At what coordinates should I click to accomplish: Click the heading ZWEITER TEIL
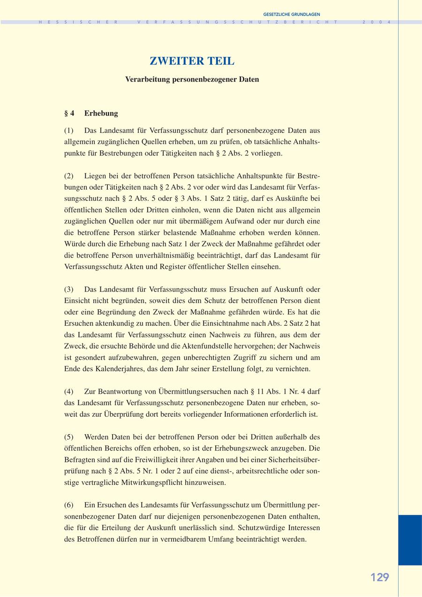[192, 61]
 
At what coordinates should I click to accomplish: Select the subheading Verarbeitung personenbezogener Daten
[192, 79]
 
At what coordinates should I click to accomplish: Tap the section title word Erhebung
[101, 113]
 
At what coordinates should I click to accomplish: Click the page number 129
[380, 577]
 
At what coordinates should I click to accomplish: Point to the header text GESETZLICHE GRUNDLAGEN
[292, 15]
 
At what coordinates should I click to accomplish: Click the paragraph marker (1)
[69, 130]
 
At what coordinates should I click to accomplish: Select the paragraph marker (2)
[69, 176]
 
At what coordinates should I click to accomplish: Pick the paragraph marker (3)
[69, 289]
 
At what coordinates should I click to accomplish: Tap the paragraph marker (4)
[69, 391]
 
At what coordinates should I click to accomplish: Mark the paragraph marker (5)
[69, 437]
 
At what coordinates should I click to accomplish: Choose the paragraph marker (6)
[69, 505]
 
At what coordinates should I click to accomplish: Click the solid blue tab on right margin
[410, 540]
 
